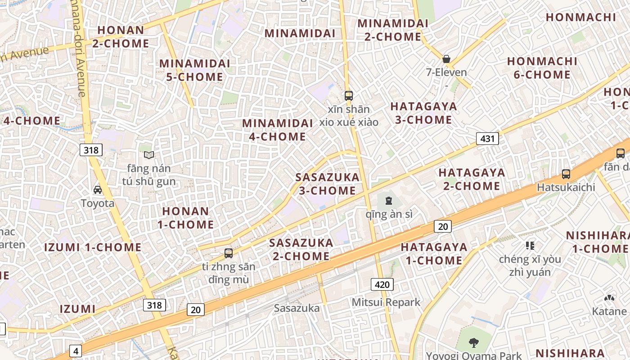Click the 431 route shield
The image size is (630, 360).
tap(487, 139)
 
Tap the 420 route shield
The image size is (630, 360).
tap(382, 284)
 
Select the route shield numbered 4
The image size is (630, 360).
tap(76, 351)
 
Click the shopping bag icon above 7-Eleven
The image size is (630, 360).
tap(446, 59)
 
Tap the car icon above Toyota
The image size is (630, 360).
tap(98, 190)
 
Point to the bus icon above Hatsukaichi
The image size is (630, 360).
tap(566, 174)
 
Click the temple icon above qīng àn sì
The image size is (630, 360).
tap(389, 201)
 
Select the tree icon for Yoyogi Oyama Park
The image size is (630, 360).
tap(473, 343)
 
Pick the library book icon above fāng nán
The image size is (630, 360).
tap(149, 155)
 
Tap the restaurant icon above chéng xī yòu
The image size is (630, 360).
tap(530, 245)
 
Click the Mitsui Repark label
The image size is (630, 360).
tap(386, 302)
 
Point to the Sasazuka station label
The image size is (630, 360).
tap(297, 308)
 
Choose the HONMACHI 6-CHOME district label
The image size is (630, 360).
tap(542, 68)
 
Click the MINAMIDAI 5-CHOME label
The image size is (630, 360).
tap(195, 70)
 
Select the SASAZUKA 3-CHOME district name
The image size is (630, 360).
tap(328, 184)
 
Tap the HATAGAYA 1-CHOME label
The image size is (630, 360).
tap(434, 253)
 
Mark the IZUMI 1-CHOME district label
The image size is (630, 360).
tap(93, 247)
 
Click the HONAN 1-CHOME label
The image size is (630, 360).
tap(185, 217)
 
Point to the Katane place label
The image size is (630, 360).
tap(609, 311)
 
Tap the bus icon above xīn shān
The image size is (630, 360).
tap(349, 95)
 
